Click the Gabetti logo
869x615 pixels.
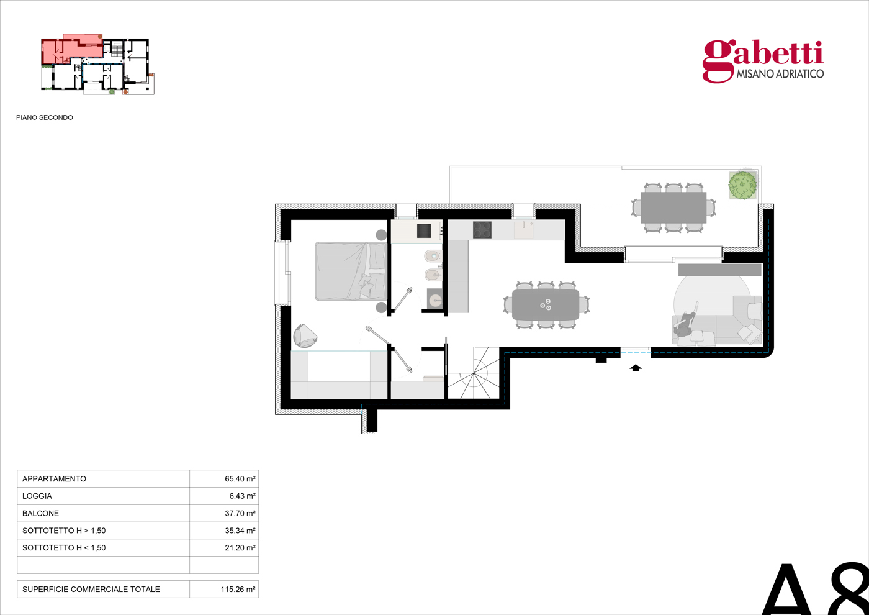tap(763, 61)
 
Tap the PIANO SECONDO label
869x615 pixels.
tap(45, 117)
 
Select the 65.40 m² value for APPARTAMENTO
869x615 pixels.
tap(240, 479)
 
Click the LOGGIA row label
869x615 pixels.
tap(37, 496)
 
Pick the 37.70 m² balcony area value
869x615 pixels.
tap(240, 513)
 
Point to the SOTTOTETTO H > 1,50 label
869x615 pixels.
tap(64, 531)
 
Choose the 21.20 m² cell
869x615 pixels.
tap(240, 548)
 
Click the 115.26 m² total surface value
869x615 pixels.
tap(238, 590)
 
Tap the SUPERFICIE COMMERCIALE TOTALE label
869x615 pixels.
tap(91, 590)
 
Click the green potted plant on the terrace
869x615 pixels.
tap(742, 185)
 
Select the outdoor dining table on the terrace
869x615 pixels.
tap(673, 207)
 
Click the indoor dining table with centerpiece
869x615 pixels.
tap(546, 304)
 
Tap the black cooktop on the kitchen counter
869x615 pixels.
tap(482, 230)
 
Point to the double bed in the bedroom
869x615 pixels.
tap(351, 271)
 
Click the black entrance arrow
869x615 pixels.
tap(635, 368)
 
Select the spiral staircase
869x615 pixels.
tap(474, 373)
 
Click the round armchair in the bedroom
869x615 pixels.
tap(305, 336)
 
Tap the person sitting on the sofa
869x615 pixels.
tap(685, 324)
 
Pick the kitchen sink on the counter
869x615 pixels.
tap(523, 230)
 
